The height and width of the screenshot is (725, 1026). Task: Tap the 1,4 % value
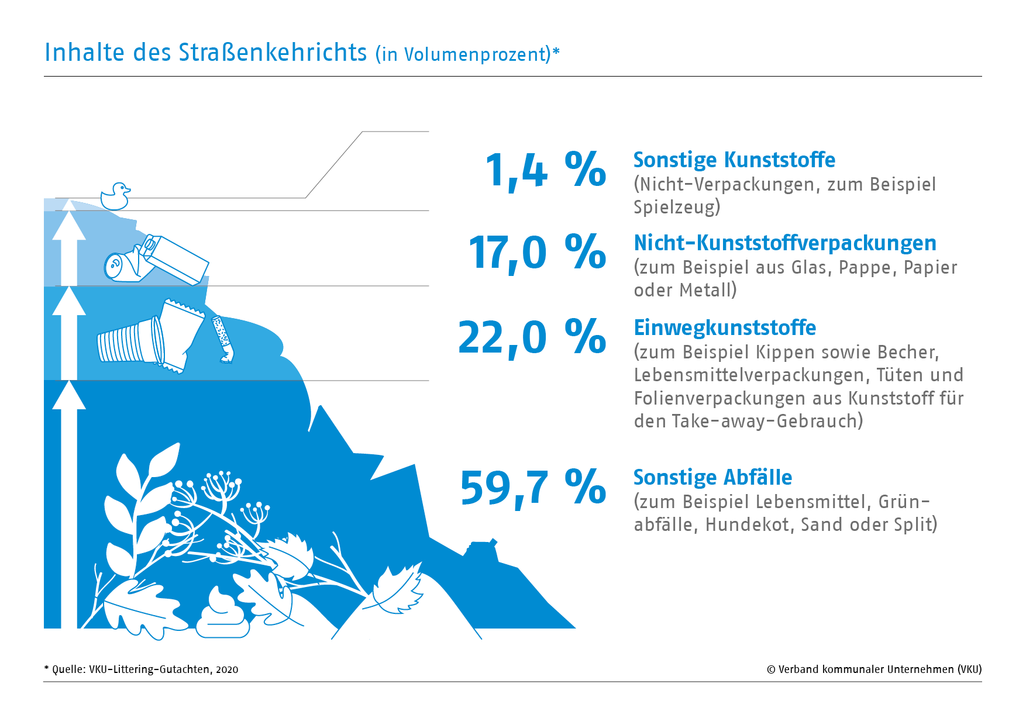point(545,170)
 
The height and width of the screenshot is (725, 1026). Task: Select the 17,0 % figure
point(537,253)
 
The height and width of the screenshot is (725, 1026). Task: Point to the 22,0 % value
point(532,338)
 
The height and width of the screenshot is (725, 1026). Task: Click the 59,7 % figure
point(533,488)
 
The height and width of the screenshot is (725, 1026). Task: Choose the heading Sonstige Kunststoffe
point(734,160)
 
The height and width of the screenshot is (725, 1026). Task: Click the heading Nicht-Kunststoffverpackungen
point(785,243)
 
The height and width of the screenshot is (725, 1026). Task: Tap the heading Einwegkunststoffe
point(725,327)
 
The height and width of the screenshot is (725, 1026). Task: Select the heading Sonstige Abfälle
point(712,477)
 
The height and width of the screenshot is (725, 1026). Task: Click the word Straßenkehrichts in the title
point(273,52)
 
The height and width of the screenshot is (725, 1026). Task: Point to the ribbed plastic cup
point(130,341)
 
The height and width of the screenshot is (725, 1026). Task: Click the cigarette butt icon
point(223,339)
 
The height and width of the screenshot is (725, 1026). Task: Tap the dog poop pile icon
point(222,615)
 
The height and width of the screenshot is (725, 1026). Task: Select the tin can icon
point(121,266)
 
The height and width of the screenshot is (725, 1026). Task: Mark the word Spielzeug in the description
point(677,207)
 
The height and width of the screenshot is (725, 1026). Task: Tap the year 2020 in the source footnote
point(227,669)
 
